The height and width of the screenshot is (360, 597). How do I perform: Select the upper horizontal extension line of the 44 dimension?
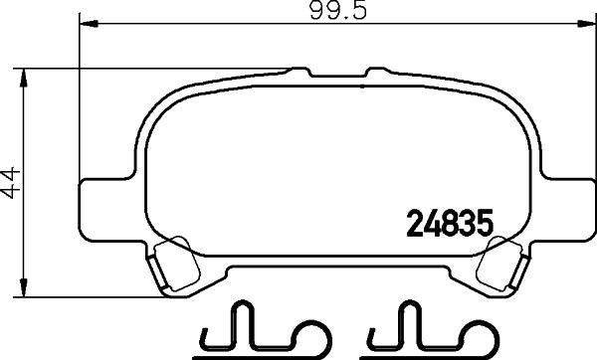pyautogui.click(x=149, y=68)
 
